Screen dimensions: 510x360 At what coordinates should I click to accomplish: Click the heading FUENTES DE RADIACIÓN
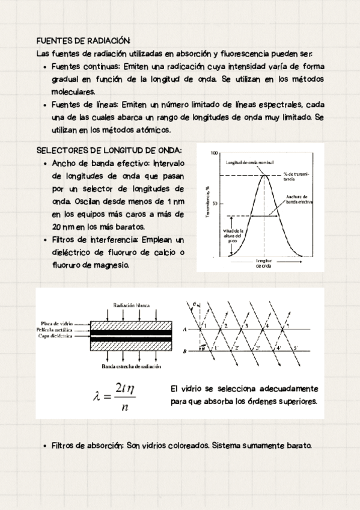coord(84,41)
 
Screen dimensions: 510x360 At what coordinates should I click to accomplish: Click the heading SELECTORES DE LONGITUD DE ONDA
coord(109,150)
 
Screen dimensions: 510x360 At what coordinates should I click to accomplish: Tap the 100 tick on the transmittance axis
coord(215,153)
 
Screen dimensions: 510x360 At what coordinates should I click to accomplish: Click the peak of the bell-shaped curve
coord(264,174)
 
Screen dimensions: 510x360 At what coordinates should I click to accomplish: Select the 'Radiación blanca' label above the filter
coord(131,305)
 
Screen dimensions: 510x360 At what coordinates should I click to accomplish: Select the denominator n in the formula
coord(124,407)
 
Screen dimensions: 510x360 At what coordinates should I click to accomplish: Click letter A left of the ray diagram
coord(184,329)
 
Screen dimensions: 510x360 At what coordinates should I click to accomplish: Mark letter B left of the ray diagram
coord(184,350)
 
